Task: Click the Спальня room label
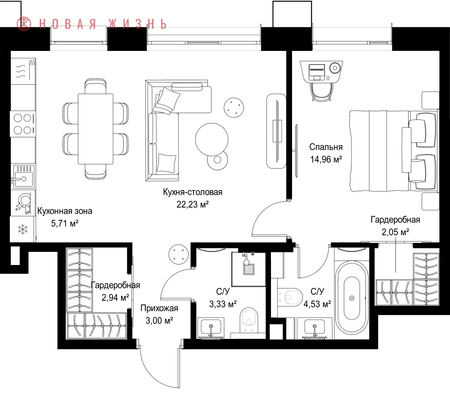click(x=326, y=147)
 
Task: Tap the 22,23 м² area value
click(x=192, y=205)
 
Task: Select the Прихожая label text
click(x=159, y=308)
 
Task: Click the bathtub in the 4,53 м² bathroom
click(x=352, y=298)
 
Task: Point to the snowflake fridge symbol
click(x=22, y=229)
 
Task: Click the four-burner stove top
click(x=23, y=124)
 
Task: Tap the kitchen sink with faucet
click(x=23, y=176)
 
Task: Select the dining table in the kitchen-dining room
click(x=95, y=129)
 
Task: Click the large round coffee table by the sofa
click(x=212, y=139)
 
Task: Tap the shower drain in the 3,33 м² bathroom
click(x=249, y=270)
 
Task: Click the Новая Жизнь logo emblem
click(x=24, y=23)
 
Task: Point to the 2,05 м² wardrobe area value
click(x=395, y=232)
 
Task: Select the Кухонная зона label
click(x=65, y=211)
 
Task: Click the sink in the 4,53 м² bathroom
click(x=315, y=328)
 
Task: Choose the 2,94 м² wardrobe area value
click(x=115, y=297)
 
